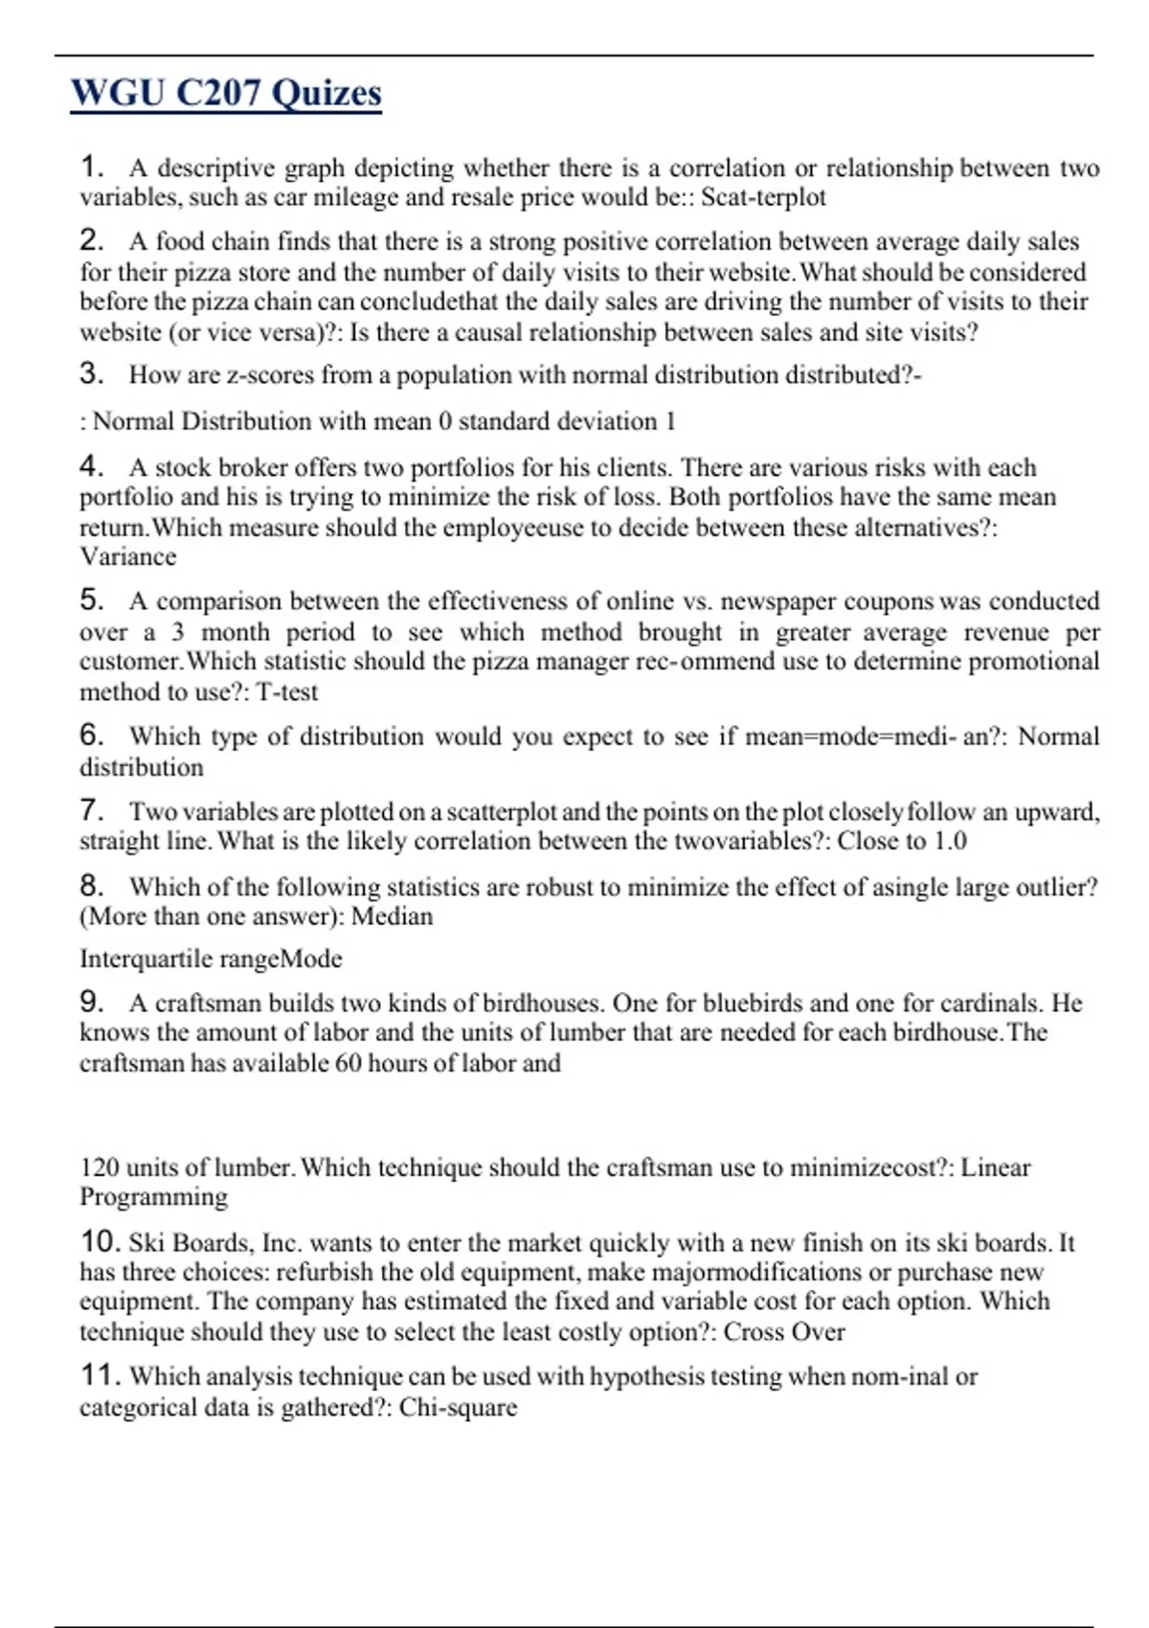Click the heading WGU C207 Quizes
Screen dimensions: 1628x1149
coord(226,93)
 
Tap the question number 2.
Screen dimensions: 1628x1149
coord(91,239)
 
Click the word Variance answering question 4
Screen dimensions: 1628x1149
coord(127,557)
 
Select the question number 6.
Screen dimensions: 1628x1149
coord(91,735)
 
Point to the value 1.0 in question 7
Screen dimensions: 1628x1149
coord(949,842)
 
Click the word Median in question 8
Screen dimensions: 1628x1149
coord(392,916)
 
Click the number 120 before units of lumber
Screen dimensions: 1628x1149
coord(99,1167)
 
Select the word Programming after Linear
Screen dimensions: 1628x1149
coord(153,1197)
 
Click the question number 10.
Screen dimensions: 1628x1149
coord(100,1242)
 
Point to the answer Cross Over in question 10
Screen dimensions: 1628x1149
coord(783,1332)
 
